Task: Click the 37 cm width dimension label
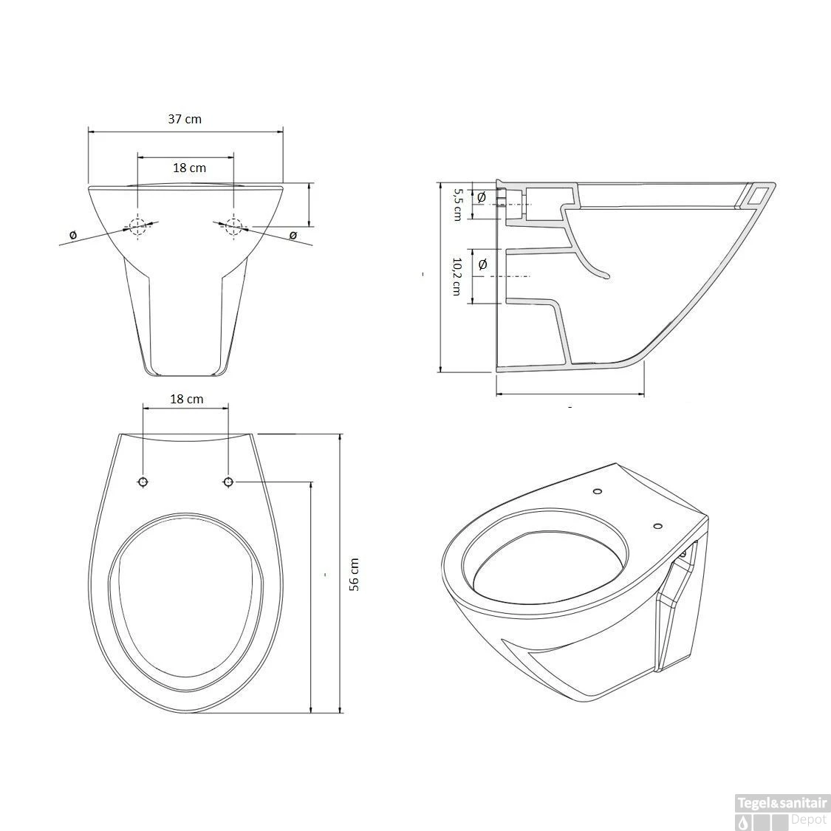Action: pyautogui.click(x=185, y=118)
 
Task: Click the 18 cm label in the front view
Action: pyautogui.click(x=189, y=168)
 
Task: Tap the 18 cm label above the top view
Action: pyautogui.click(x=186, y=399)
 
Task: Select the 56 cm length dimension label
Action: pyautogui.click(x=354, y=574)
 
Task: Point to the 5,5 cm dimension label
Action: pyautogui.click(x=457, y=203)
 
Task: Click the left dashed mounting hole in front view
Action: pyautogui.click(x=138, y=226)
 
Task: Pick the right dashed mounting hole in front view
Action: pyautogui.click(x=233, y=225)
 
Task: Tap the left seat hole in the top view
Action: pyautogui.click(x=143, y=482)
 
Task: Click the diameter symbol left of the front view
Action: pyautogui.click(x=72, y=235)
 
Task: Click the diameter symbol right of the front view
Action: pyautogui.click(x=293, y=235)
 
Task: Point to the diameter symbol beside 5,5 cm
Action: pyautogui.click(x=482, y=197)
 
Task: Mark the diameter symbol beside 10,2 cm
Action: pyautogui.click(x=483, y=264)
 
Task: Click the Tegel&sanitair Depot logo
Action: pyautogui.click(x=782, y=810)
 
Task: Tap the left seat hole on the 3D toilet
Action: pyautogui.click(x=597, y=492)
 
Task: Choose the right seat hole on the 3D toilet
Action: pyautogui.click(x=657, y=527)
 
